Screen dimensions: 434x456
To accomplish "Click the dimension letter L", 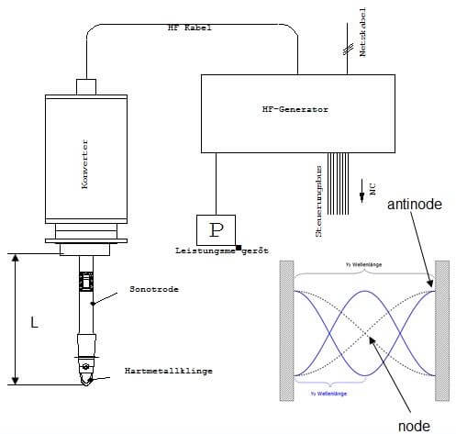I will [x=34, y=323].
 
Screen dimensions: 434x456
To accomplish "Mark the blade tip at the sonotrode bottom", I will [x=85, y=380].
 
